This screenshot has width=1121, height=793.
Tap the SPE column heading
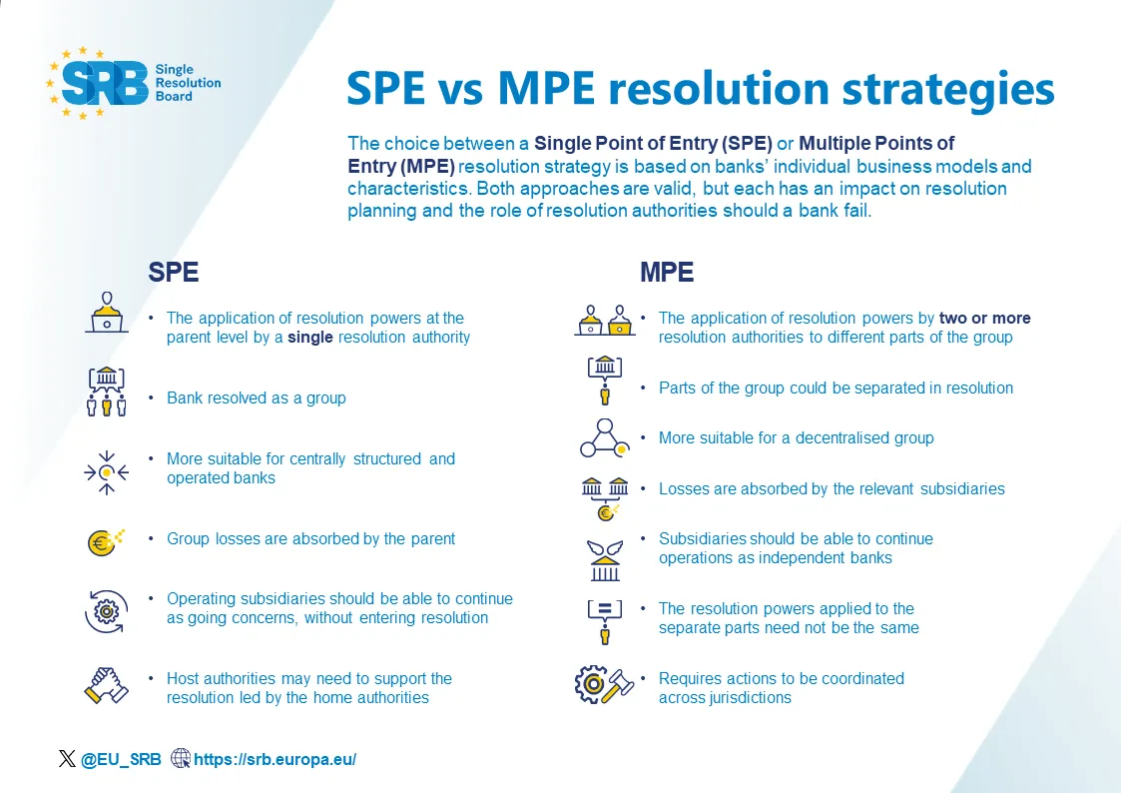point(174,272)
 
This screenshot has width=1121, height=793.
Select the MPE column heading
point(666,272)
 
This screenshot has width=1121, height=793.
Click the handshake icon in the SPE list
point(106,686)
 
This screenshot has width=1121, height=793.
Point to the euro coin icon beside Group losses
point(104,541)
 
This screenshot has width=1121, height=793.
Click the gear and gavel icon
point(603,685)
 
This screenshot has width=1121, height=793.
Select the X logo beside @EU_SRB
point(67,759)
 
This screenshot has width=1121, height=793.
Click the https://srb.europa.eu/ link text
point(275,759)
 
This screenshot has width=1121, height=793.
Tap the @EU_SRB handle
point(121,759)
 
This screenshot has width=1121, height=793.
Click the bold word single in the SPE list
point(309,338)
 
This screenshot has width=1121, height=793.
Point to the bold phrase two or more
point(984,319)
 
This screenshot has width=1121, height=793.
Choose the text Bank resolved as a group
point(256,397)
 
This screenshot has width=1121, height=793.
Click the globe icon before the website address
point(181,759)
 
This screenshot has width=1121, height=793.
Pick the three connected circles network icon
point(605,437)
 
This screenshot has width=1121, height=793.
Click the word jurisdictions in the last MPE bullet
point(745,697)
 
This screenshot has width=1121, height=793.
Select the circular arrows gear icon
point(106,611)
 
